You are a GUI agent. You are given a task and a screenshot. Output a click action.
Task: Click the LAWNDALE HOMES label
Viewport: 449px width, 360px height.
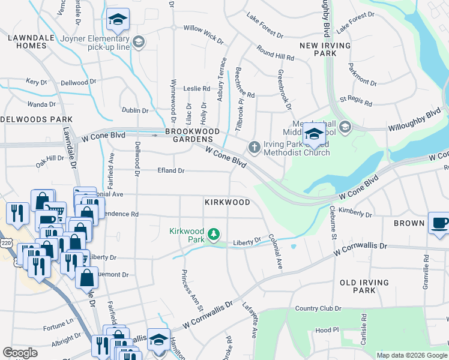click(x=28, y=41)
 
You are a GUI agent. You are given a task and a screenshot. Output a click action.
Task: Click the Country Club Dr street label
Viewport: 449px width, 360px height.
click(x=318, y=309)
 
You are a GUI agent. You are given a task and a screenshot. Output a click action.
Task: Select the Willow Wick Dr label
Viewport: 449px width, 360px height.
click(x=203, y=28)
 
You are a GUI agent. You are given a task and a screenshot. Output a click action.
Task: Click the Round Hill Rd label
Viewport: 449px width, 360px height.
click(x=275, y=53)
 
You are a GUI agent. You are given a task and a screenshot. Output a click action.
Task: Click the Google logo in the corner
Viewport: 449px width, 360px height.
click(x=20, y=353)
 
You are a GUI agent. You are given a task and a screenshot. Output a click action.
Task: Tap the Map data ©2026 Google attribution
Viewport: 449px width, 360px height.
click(x=412, y=355)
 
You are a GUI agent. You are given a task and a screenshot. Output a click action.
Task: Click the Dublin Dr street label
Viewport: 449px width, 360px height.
click(x=134, y=110)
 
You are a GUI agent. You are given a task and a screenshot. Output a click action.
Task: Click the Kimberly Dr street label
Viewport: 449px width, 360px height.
click(x=355, y=212)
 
